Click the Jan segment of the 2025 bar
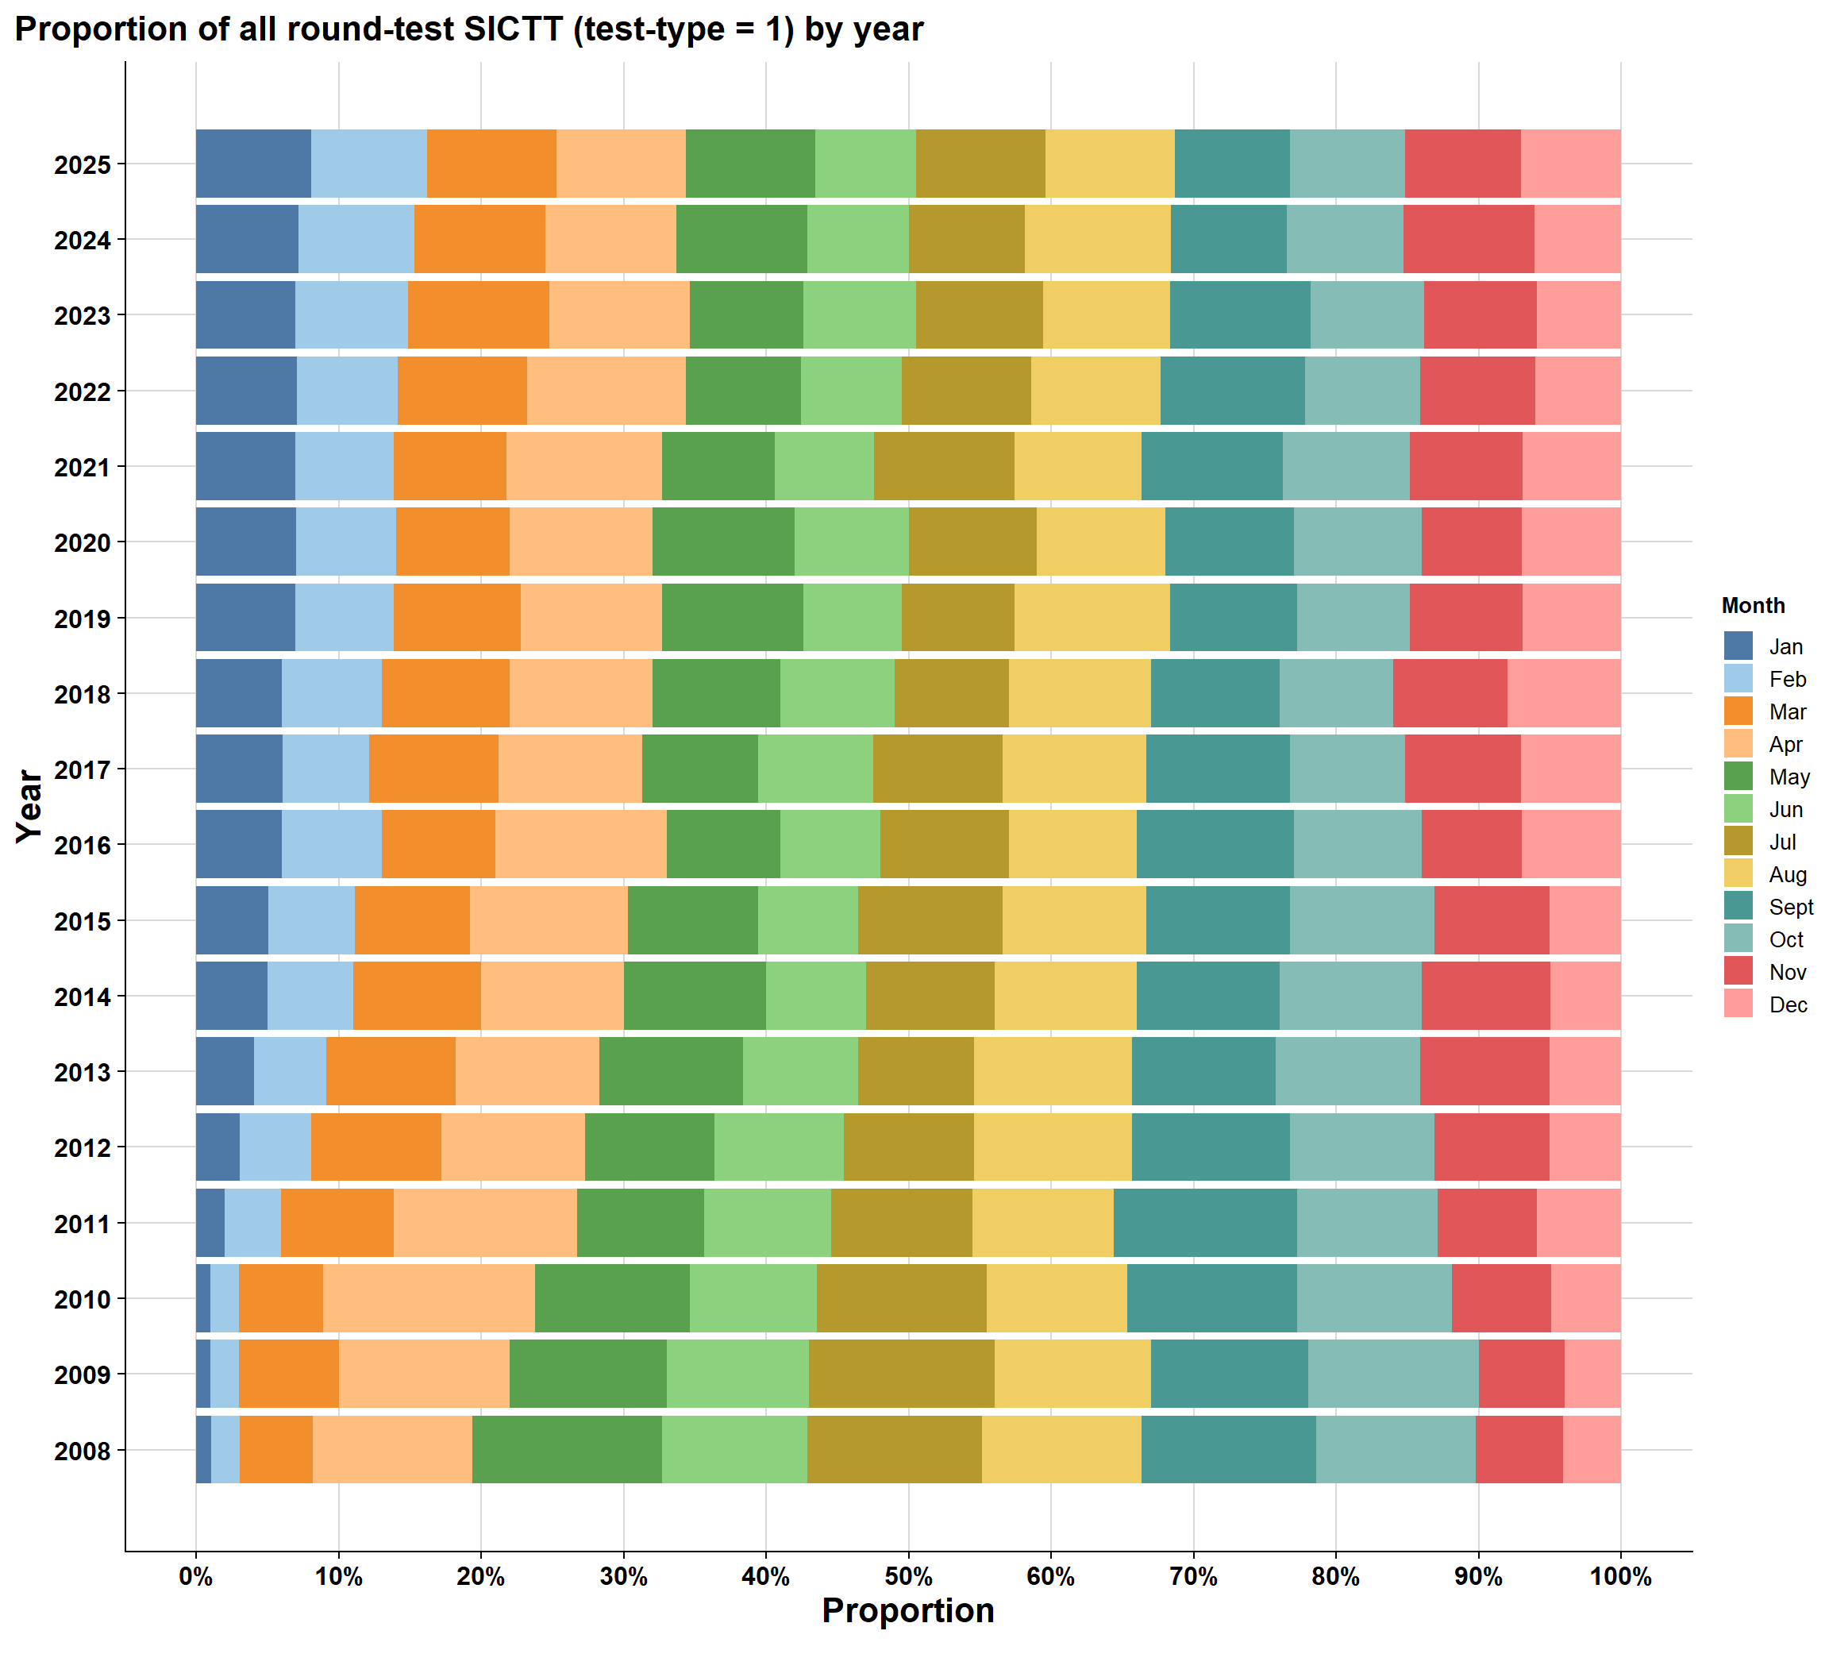point(253,164)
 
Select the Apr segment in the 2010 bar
point(429,1298)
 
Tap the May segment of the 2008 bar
point(567,1450)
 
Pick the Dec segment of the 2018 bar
point(1564,693)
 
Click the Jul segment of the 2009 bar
point(902,1374)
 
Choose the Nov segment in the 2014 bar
point(1486,996)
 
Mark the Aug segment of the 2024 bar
point(1098,239)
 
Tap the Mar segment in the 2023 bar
point(478,315)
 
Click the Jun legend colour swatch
point(1739,809)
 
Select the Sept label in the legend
point(1791,908)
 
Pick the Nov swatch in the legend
point(1739,972)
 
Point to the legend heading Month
point(1753,606)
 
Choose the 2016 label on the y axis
point(83,846)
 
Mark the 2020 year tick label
point(83,542)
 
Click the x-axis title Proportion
point(908,1611)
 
